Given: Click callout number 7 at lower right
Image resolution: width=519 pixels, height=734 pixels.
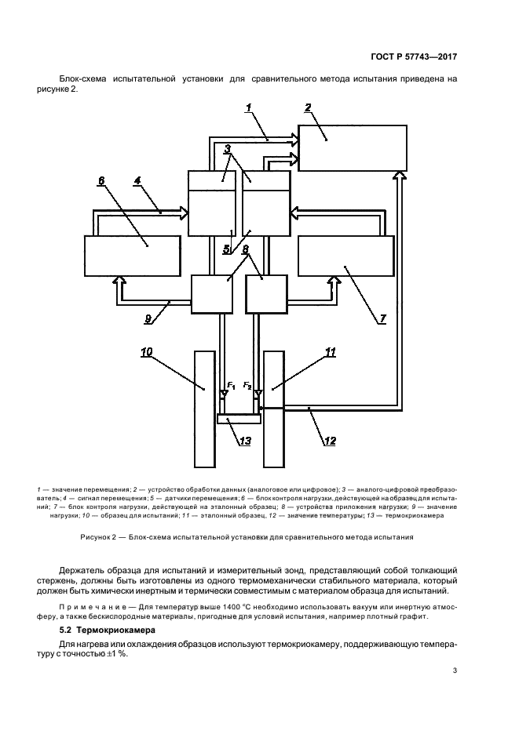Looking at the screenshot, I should tap(382, 318).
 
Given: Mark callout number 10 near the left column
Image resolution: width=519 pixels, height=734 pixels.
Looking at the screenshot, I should tap(146, 352).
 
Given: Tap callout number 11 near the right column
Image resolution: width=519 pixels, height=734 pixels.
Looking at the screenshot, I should tap(331, 352).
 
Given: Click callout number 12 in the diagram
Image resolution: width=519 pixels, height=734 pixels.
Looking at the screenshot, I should tap(330, 441).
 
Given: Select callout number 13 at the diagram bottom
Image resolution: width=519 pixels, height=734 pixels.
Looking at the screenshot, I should tap(246, 441).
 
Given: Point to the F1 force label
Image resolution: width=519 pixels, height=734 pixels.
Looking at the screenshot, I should tap(231, 385).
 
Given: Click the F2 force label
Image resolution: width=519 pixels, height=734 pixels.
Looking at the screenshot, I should tap(247, 385).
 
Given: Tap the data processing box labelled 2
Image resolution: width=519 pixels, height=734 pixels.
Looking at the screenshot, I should tap(353, 147).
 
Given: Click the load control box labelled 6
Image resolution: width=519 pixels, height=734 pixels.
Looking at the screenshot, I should tap(130, 255).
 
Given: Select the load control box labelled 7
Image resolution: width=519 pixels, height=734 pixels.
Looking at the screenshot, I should tap(345, 255).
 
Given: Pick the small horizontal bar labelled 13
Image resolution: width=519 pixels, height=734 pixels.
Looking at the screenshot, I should tap(239, 420).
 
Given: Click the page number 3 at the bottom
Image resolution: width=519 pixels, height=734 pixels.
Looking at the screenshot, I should tap(455, 670).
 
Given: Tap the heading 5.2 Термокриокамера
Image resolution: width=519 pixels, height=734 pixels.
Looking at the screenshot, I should tap(108, 630).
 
